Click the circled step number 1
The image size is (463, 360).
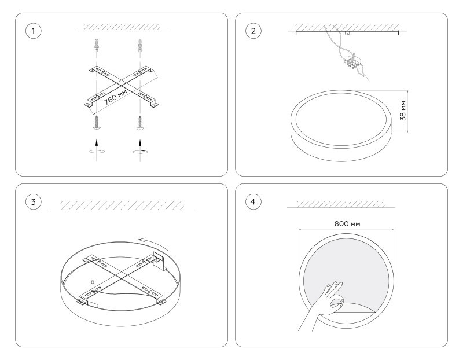coord(34,31)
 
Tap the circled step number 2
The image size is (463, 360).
coord(253,31)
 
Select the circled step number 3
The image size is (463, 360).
coord(34,202)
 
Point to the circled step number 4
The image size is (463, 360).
coord(253,202)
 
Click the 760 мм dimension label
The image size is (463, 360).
coord(116,97)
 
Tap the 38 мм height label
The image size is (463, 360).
coord(403,111)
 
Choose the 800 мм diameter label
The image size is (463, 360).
coord(347,223)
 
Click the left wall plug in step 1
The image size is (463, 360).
coord(96,46)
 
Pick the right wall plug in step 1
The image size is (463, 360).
coord(139,46)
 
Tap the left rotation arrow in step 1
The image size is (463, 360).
coord(97,147)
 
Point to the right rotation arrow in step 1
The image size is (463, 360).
coord(141,147)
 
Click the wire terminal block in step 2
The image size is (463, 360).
coord(353,63)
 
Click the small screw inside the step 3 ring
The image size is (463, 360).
coord(93,281)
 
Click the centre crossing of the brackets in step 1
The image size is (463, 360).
coord(121,86)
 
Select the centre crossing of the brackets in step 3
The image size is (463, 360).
coord(122,277)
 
